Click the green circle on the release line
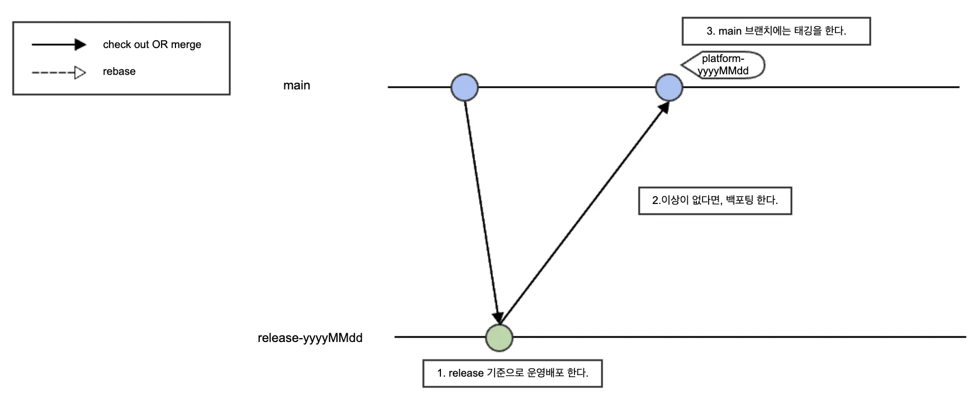pos(499,338)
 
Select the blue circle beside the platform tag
pos(669,87)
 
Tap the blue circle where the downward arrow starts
pos(464,87)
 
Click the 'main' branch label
pos(296,85)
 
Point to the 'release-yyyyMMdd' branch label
pos(310,338)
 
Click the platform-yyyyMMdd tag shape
pos(723,65)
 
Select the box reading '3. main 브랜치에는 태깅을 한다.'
pos(776,31)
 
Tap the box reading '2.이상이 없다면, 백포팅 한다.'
pos(715,201)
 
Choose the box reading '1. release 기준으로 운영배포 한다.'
pos(512,373)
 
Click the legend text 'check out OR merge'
pos(152,45)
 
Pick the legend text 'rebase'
pos(119,72)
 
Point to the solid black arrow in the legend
pos(59,45)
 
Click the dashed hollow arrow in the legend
pos(59,72)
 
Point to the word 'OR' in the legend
pos(160,45)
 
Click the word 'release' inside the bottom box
pos(466,373)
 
